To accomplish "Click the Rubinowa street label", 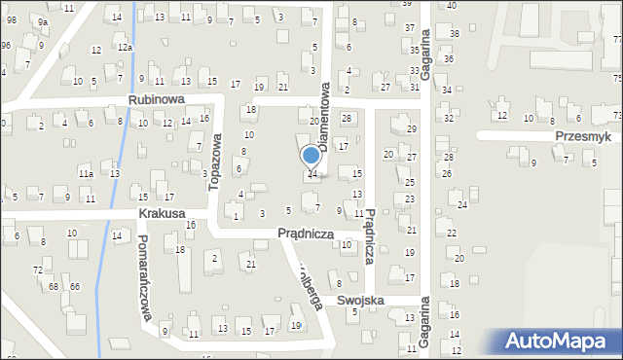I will [x=158, y=101].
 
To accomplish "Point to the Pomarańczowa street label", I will [x=145, y=276].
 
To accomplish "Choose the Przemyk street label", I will [x=583, y=137].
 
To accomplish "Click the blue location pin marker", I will [x=311, y=157].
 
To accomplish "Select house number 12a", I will [x=125, y=47].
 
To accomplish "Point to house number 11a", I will [x=86, y=173].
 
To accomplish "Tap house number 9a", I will [x=42, y=21].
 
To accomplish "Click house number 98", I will [x=11, y=20].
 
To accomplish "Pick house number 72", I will [x=38, y=269].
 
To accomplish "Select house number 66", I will [x=75, y=286].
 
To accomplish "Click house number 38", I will [x=455, y=34].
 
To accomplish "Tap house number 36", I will [x=449, y=59].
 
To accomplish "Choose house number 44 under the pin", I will [x=311, y=175].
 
